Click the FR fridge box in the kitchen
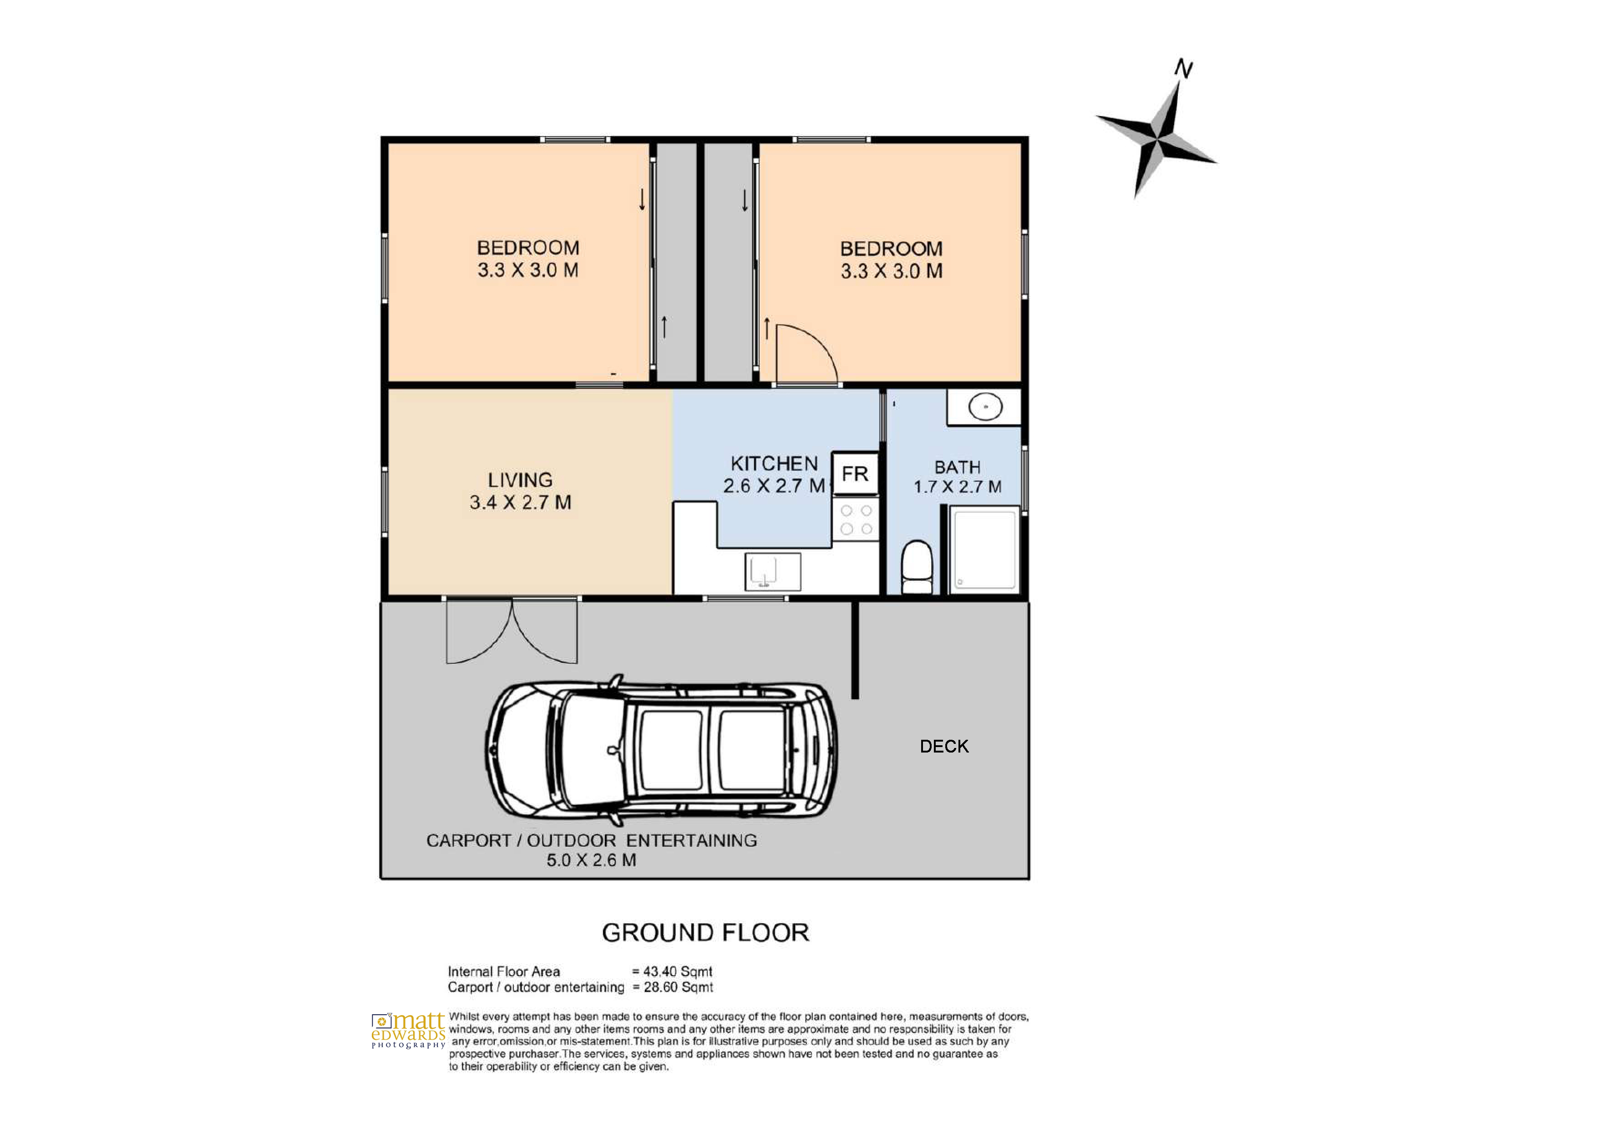click(855, 474)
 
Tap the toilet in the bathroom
click(917, 567)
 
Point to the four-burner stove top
click(856, 519)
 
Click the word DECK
click(944, 747)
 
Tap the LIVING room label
click(520, 480)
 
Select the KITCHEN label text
click(774, 463)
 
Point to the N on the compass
click(1183, 68)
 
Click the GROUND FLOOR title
click(705, 933)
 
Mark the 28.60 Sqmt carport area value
click(678, 987)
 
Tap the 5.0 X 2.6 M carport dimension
click(591, 860)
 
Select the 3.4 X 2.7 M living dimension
click(520, 502)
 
